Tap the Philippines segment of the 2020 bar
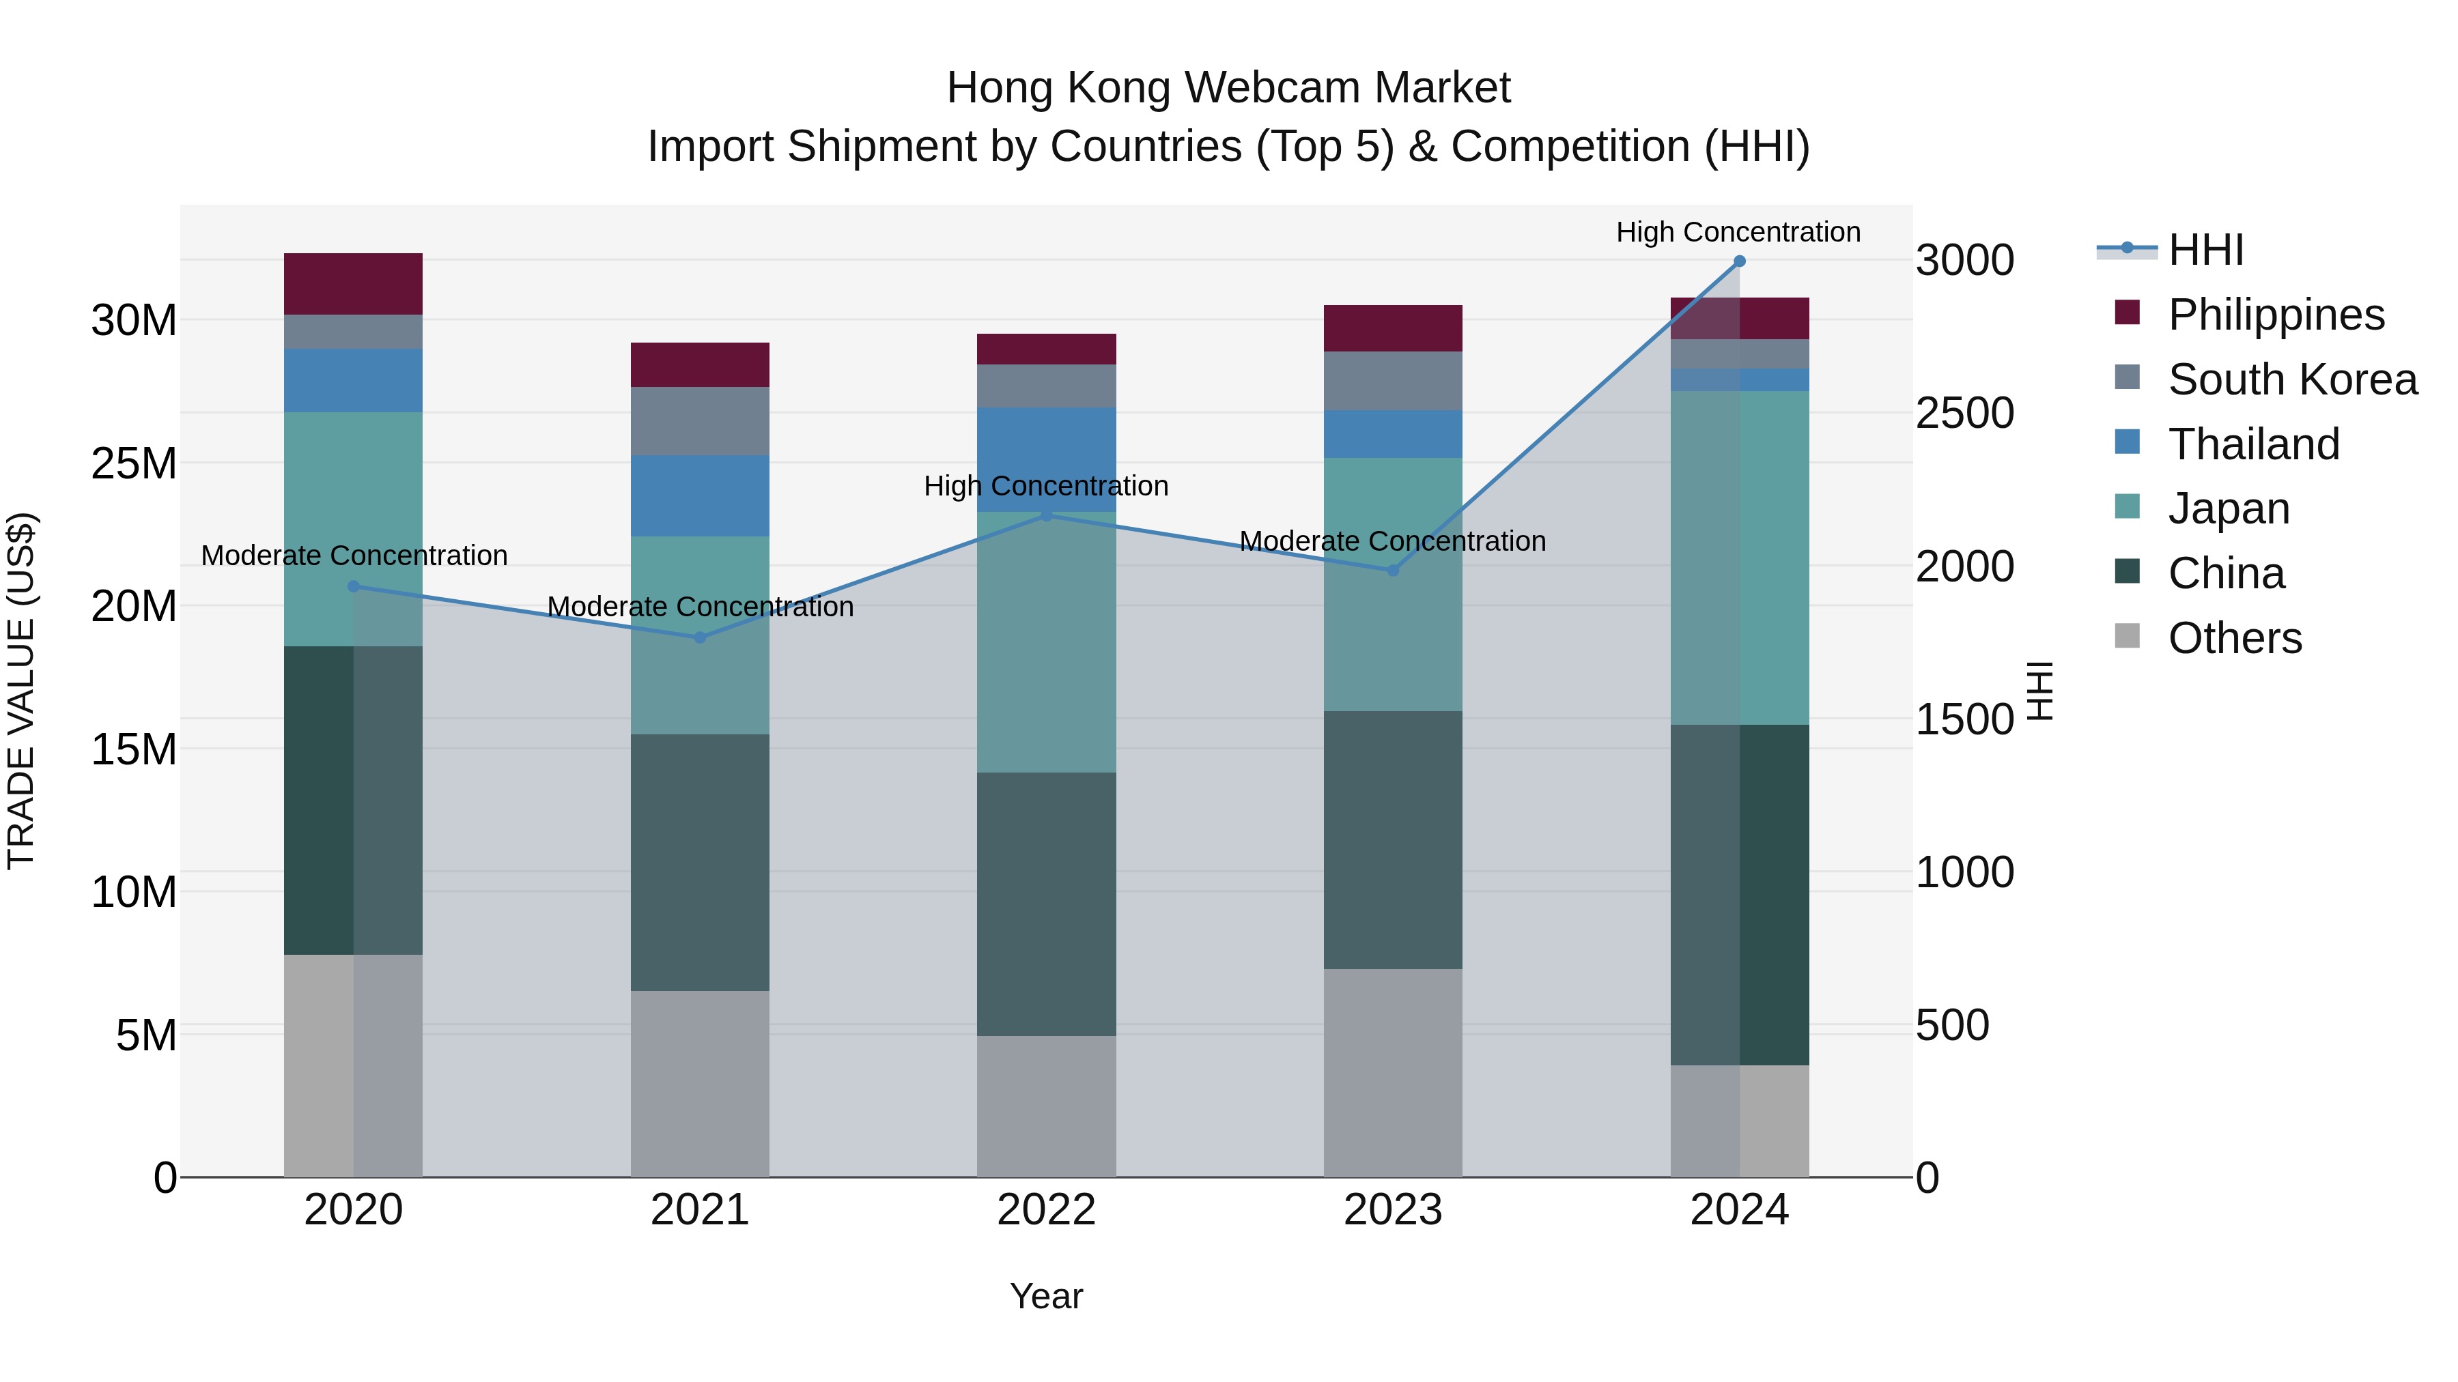[x=353, y=283]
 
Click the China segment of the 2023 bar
[x=1392, y=839]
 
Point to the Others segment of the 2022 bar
[x=1046, y=1106]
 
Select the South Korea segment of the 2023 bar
[x=1392, y=381]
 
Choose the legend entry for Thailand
[x=2253, y=444]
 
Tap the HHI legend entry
[x=2205, y=250]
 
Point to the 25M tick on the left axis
[x=134, y=463]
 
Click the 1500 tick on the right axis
[x=1964, y=719]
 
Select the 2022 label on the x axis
[x=1046, y=1210]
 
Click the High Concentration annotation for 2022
[x=1046, y=487]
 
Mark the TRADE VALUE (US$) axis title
[x=21, y=691]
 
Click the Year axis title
[x=1046, y=1296]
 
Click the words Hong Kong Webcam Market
[x=1228, y=88]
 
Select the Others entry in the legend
[x=2234, y=638]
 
